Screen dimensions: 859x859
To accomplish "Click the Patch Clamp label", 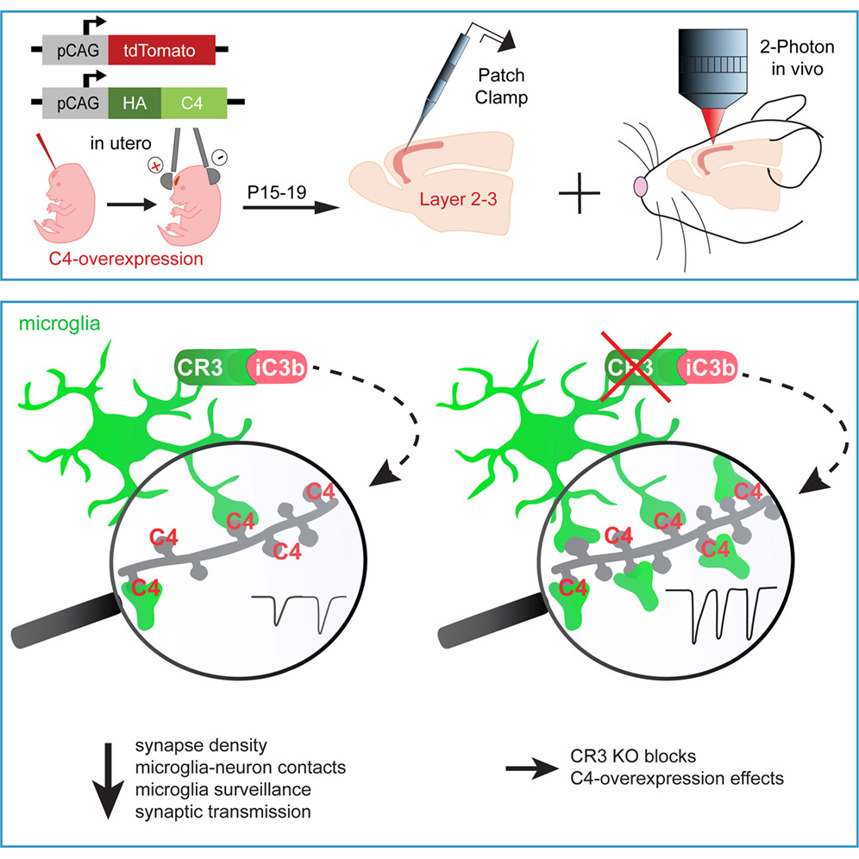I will click(502, 87).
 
